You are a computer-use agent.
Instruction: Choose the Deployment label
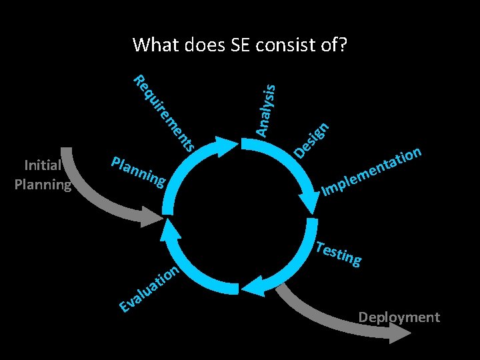point(399,317)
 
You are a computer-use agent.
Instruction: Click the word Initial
point(43,165)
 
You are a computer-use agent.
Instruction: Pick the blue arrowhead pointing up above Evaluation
point(168,230)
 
